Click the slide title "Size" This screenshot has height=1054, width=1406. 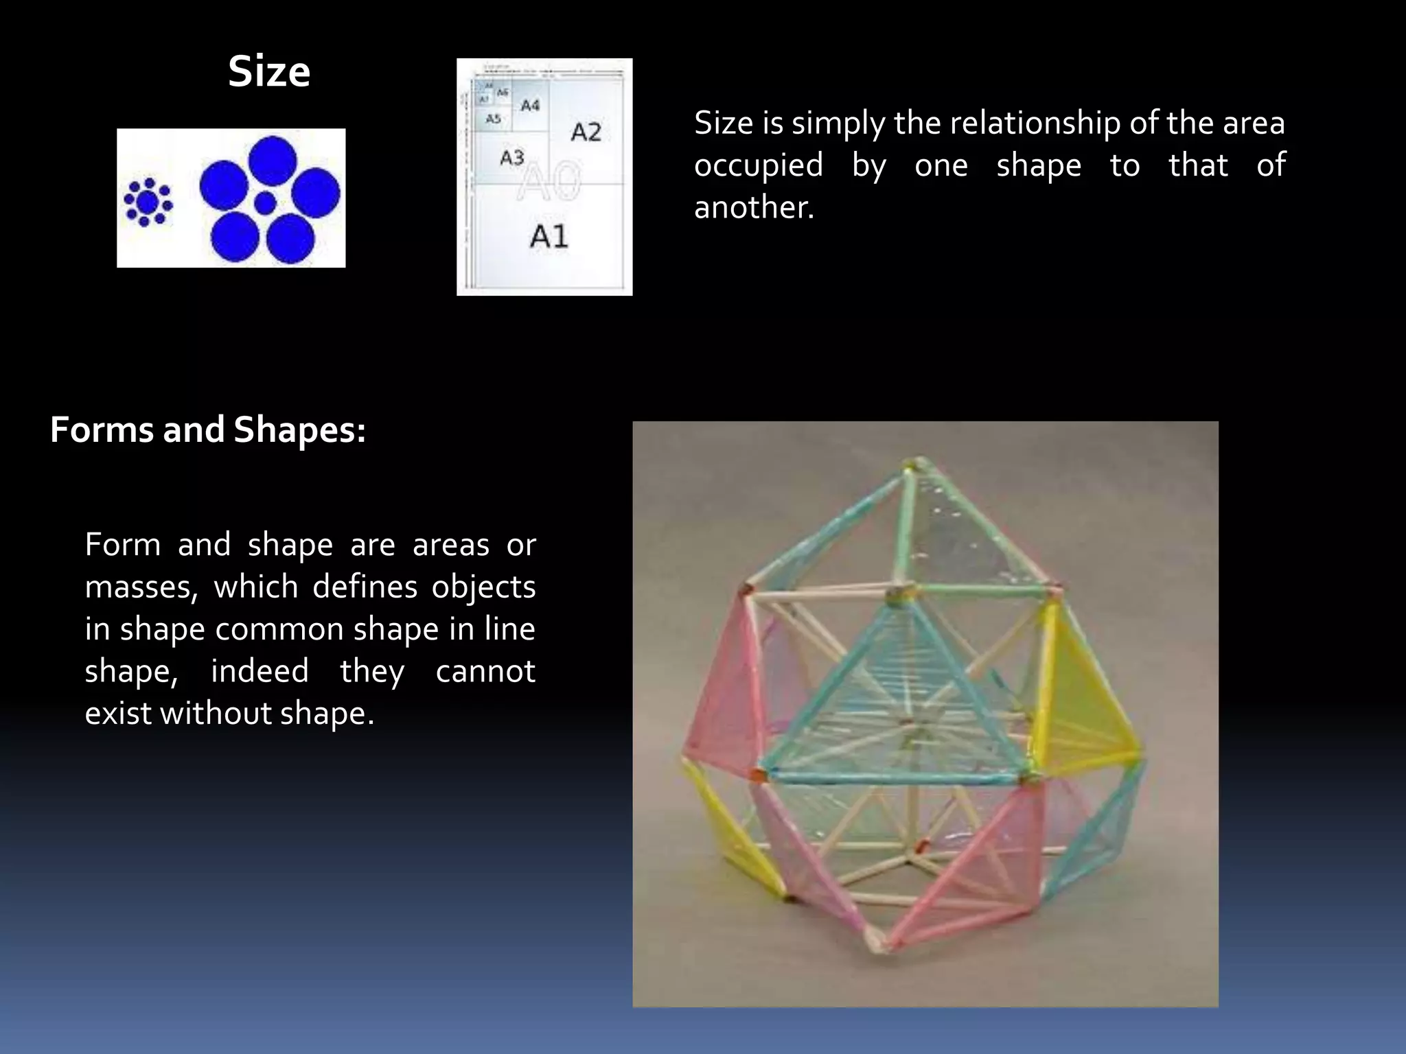(269, 72)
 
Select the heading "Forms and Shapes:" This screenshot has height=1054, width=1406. (208, 430)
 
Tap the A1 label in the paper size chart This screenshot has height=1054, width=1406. (549, 237)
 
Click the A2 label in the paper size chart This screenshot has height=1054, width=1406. (586, 132)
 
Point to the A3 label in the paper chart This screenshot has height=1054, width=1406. (512, 158)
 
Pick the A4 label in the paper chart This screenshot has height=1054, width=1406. (530, 106)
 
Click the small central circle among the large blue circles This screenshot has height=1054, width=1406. (266, 202)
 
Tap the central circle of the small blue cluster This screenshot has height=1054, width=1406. (147, 202)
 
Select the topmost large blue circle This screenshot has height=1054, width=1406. (273, 159)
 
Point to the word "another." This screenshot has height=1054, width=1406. (754, 208)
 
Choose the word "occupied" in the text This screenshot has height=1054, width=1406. (758, 166)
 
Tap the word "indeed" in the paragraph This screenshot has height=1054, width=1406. (260, 672)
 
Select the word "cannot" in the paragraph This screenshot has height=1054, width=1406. (485, 672)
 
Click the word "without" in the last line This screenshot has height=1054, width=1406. (216, 714)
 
